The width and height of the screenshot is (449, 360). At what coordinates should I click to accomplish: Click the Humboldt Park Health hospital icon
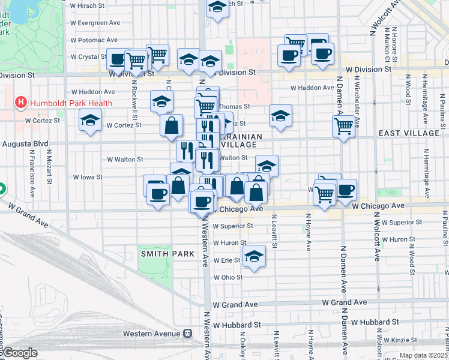[x=22, y=103]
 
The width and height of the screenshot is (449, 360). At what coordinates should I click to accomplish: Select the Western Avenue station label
[x=151, y=333]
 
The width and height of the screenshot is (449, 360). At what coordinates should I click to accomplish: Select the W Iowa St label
[x=88, y=177]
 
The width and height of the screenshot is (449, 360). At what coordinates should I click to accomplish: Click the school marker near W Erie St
[x=254, y=256]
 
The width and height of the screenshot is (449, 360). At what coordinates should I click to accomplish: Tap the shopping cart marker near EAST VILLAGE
[x=343, y=126]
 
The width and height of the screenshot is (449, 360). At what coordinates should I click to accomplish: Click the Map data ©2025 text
[x=422, y=355]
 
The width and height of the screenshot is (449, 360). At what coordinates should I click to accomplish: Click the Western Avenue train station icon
[x=188, y=333]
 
